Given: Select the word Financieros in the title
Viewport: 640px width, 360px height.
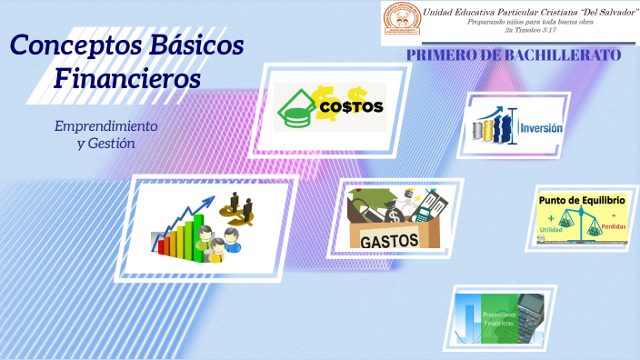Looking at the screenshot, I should click(127, 79).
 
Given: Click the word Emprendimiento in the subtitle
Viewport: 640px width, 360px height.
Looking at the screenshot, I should click(105, 125).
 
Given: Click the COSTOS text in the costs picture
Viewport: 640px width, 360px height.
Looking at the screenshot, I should click(351, 107).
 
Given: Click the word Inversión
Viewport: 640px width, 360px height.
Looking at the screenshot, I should click(540, 129).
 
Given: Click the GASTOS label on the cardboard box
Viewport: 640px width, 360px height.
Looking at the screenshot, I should click(389, 240).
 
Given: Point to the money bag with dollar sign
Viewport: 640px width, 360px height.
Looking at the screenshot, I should click(397, 214).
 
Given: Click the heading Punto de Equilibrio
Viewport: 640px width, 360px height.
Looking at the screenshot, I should click(582, 199).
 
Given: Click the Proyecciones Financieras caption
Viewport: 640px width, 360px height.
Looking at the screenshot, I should click(499, 319).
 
